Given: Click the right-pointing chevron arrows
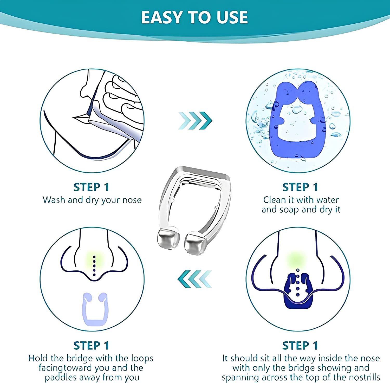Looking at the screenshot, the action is [195, 120].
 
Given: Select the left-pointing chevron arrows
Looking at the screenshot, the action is [195, 278].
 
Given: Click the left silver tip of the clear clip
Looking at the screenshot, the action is [168, 238].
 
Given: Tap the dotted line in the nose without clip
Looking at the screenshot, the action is [94, 265].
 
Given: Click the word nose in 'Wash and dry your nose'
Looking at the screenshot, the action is [132, 200].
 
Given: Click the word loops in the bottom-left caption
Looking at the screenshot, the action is [142, 359].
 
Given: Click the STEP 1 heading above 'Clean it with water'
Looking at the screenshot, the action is [300, 187].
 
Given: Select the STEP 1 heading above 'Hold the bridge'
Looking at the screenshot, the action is [91, 346].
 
